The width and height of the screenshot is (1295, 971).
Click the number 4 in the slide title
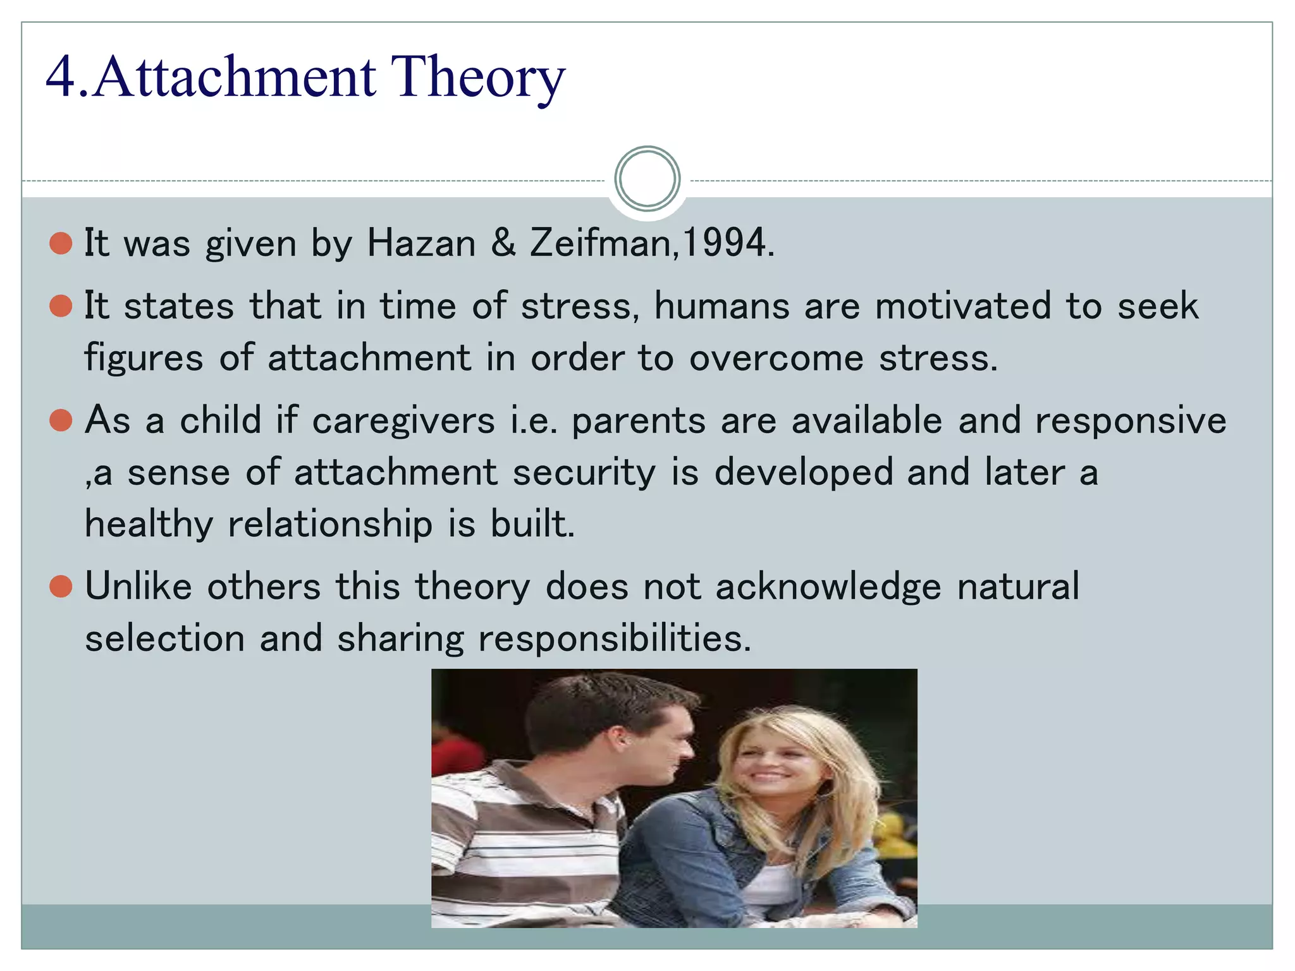pos(61,77)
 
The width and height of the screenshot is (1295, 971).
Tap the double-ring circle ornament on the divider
pos(647,179)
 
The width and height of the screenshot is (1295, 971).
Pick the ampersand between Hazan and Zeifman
pos(503,243)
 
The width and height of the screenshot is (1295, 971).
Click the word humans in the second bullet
pos(721,307)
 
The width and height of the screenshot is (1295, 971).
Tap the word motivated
pos(963,307)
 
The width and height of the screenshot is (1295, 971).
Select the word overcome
pos(776,358)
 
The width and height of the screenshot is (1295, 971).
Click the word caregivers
pos(403,422)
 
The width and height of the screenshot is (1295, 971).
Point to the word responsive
pos(1131,422)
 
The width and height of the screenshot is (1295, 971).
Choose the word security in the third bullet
pos(584,473)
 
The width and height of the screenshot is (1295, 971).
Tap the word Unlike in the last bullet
pos(138,587)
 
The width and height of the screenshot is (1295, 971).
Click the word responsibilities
pos(614,638)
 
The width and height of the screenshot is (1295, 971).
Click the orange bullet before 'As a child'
pos(61,420)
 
